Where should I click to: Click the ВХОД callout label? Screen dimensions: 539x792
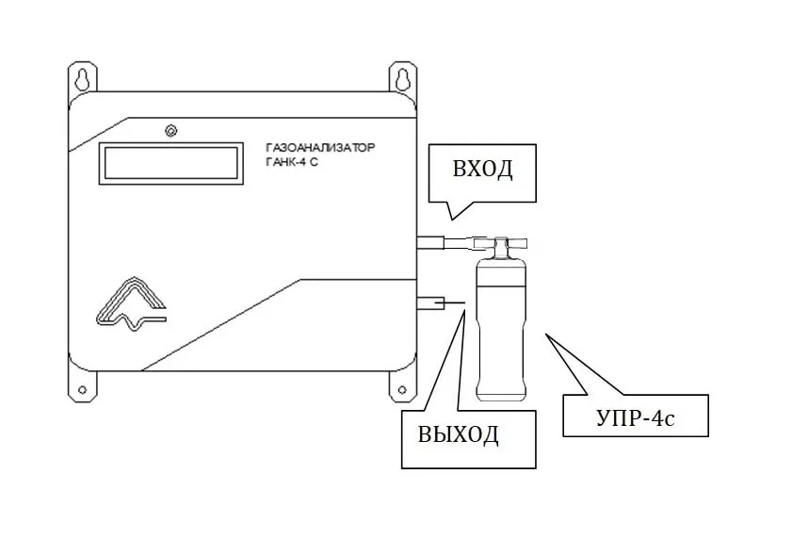(x=482, y=171)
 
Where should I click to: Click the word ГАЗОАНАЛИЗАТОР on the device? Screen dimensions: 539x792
(x=320, y=149)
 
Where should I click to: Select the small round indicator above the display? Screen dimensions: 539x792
(x=170, y=131)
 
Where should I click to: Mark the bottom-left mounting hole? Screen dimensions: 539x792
(x=82, y=389)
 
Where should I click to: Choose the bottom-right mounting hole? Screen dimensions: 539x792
(x=402, y=389)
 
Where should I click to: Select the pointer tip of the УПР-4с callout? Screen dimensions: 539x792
(x=546, y=332)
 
